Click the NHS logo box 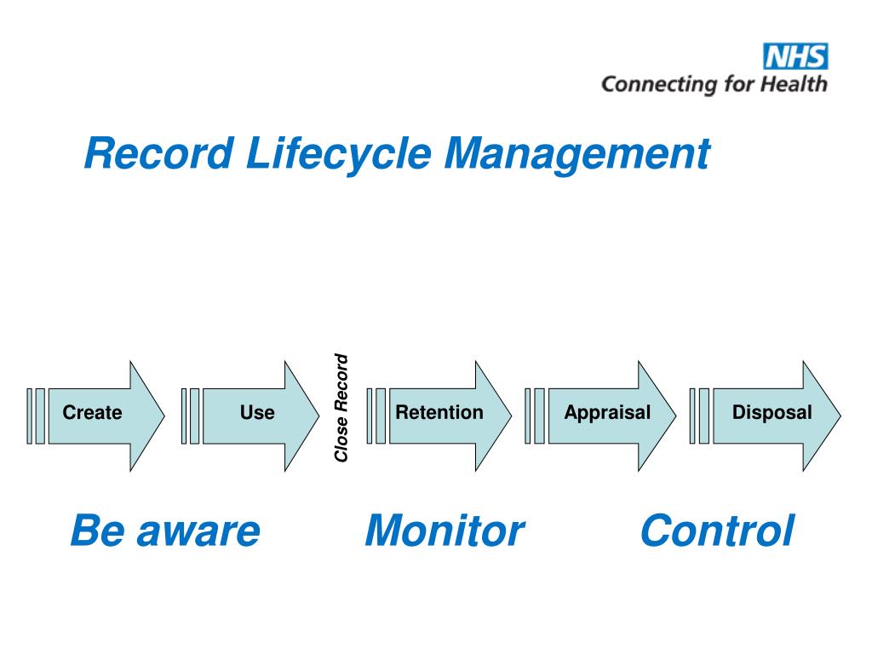coord(795,57)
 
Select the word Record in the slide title coord(158,154)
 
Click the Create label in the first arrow coord(92,413)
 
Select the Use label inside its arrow coord(256,413)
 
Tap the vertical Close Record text coord(341,408)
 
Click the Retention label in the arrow coord(439,413)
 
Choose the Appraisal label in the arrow coord(606,413)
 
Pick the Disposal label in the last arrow coord(772,413)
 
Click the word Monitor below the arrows coord(444,531)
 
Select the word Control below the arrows coord(716,531)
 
